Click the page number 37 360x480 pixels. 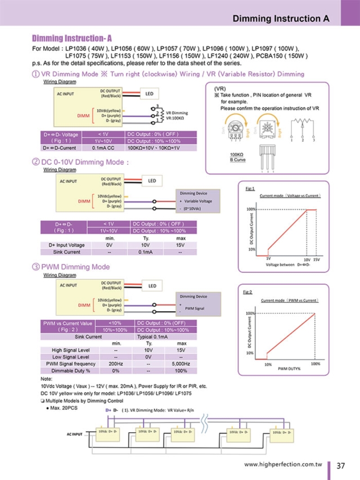click(340, 465)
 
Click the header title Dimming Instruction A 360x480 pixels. click(281, 18)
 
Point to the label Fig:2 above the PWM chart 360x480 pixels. click(248, 292)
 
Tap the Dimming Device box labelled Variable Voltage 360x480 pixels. click(195, 200)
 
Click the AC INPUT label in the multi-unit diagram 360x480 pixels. click(74, 434)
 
